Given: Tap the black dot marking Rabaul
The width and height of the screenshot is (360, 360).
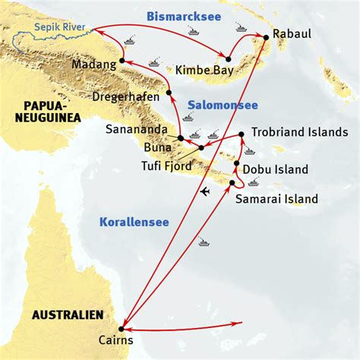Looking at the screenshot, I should pyautogui.click(x=267, y=36).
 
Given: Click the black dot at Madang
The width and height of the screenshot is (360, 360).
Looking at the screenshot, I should pyautogui.click(x=122, y=60).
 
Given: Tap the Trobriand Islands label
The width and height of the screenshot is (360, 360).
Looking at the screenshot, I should pyautogui.click(x=299, y=131).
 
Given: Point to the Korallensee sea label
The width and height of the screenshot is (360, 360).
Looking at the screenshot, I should pyautogui.click(x=133, y=222).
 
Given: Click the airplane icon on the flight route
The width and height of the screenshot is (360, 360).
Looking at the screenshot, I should pyautogui.click(x=204, y=192).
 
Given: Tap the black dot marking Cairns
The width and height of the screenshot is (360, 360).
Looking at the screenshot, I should pyautogui.click(x=122, y=329).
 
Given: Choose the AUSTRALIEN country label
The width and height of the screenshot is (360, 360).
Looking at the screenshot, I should pyautogui.click(x=67, y=314).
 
